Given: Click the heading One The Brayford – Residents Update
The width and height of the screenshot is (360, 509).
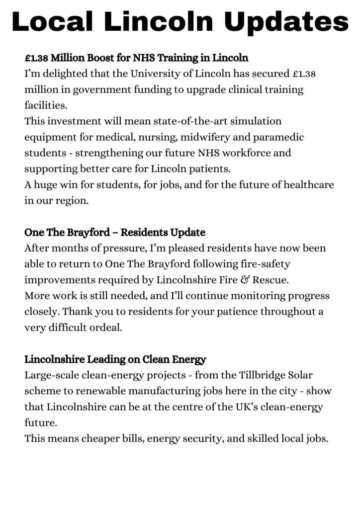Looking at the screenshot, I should coord(115,232).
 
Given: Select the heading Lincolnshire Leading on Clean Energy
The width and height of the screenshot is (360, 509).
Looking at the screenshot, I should coord(115,359).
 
